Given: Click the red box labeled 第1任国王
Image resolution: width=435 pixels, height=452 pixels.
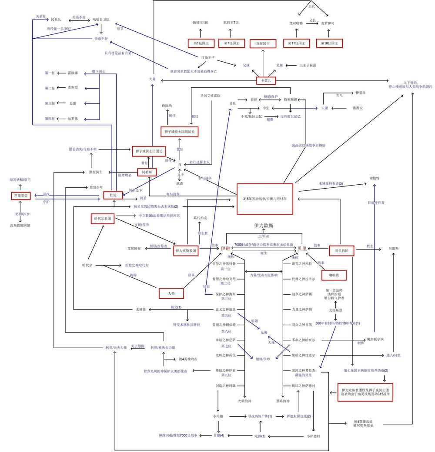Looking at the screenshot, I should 201,43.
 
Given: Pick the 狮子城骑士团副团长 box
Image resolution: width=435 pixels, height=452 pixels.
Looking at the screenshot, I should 180,131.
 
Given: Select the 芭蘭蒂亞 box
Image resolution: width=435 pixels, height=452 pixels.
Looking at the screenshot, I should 20,196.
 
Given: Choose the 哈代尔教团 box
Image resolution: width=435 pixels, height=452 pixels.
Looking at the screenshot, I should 103,219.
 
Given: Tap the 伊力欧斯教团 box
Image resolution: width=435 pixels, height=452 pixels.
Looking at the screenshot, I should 186,250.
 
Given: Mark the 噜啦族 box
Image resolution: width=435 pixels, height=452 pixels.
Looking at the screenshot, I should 330,275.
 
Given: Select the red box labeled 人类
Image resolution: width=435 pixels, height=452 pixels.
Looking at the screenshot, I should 171,293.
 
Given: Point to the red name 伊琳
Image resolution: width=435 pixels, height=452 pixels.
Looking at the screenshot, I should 225,248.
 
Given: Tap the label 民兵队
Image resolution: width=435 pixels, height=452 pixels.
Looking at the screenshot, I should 56,20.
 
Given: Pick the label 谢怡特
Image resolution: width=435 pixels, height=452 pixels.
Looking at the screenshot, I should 375,178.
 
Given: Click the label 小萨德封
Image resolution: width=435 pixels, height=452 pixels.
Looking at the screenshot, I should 313,435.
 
